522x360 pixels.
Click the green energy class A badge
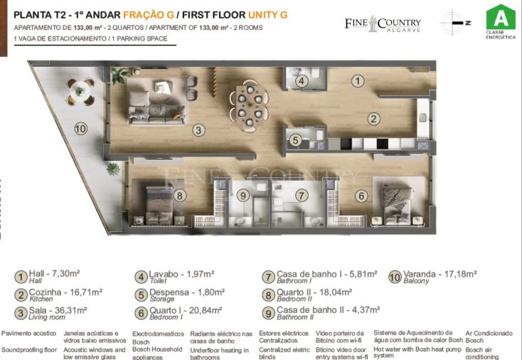point(501,21)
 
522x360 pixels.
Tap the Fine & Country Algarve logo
point(383,24)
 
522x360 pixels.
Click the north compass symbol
point(454,22)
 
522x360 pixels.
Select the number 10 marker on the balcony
point(80,129)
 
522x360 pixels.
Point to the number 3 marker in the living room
point(199,129)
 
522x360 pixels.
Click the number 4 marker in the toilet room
point(302,81)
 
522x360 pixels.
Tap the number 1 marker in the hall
point(358,81)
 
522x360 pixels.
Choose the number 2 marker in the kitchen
point(373,119)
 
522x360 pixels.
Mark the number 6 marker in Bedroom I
point(361,196)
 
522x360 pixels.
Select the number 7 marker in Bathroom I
point(301,195)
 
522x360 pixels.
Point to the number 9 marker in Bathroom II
point(243,195)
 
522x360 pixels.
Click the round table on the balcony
point(80,89)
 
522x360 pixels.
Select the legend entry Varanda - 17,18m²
point(440,274)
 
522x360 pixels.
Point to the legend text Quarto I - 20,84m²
point(186,310)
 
